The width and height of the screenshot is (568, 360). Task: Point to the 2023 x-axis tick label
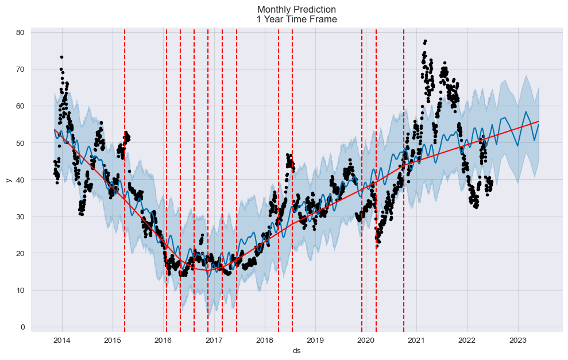click(518, 340)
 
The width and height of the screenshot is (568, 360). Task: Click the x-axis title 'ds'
click(296, 350)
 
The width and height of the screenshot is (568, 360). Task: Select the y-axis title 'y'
click(9, 180)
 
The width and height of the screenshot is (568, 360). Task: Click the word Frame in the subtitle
click(324, 19)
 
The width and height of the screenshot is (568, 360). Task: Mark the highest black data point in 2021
click(425, 41)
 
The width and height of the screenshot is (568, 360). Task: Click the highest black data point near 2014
click(61, 57)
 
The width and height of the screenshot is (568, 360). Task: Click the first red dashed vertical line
click(125, 172)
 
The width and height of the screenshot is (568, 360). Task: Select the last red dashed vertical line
click(403, 172)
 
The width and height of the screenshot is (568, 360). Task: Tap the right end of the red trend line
click(539, 122)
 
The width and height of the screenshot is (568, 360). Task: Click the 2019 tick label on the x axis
click(315, 340)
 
